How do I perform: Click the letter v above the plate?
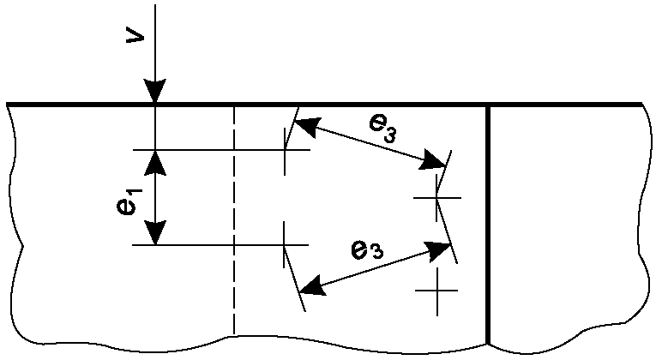click(x=134, y=39)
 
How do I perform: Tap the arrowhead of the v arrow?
click(x=154, y=93)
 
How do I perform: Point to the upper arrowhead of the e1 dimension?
click(x=154, y=160)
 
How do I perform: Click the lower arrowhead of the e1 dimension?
click(x=154, y=234)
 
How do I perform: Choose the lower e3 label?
click(x=366, y=249)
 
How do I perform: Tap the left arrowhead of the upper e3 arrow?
click(x=305, y=126)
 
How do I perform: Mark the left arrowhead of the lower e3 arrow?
click(x=316, y=286)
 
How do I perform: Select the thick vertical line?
click(x=488, y=223)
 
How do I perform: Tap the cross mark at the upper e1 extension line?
click(x=286, y=150)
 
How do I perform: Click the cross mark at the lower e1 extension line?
click(x=286, y=245)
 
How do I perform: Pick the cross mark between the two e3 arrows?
click(x=436, y=198)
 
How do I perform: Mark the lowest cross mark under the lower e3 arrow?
click(x=436, y=291)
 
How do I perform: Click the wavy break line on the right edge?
click(x=642, y=223)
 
